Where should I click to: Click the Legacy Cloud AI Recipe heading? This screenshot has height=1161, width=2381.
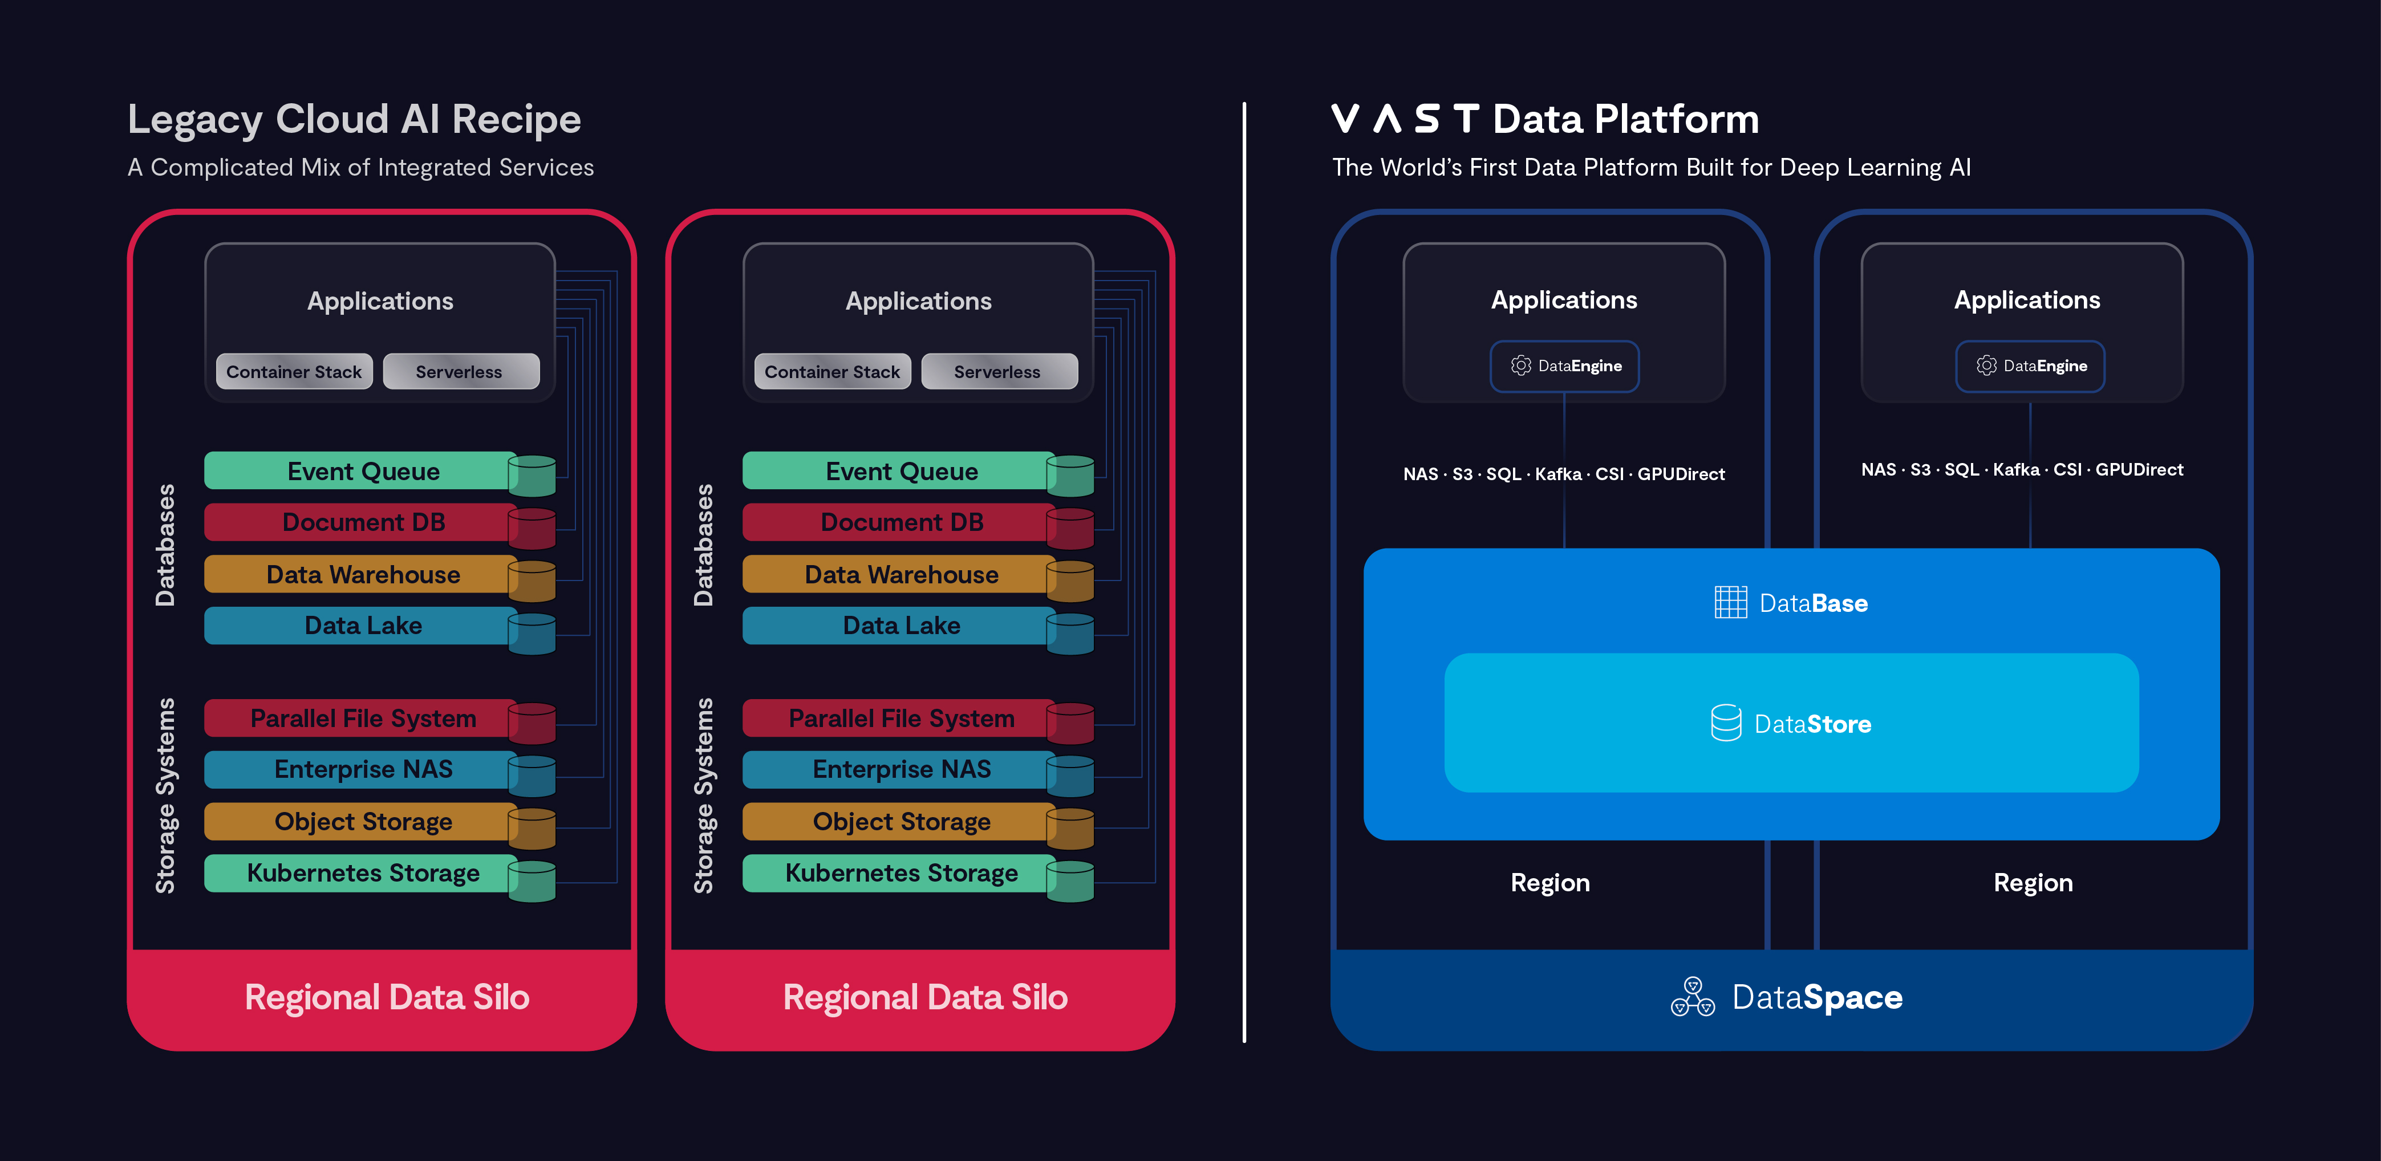click(354, 119)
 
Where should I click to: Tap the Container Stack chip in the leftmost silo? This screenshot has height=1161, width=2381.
click(294, 372)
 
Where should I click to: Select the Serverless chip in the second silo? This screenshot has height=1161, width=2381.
click(997, 372)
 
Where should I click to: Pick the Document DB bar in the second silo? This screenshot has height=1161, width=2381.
click(901, 522)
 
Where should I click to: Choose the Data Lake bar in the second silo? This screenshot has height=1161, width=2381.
click(901, 626)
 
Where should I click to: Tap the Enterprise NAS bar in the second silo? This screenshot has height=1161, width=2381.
click(901, 769)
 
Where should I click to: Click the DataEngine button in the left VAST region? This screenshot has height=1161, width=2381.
click(1564, 366)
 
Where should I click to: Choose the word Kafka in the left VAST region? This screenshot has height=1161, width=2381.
click(1559, 474)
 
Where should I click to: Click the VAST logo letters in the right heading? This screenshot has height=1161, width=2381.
click(1405, 119)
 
